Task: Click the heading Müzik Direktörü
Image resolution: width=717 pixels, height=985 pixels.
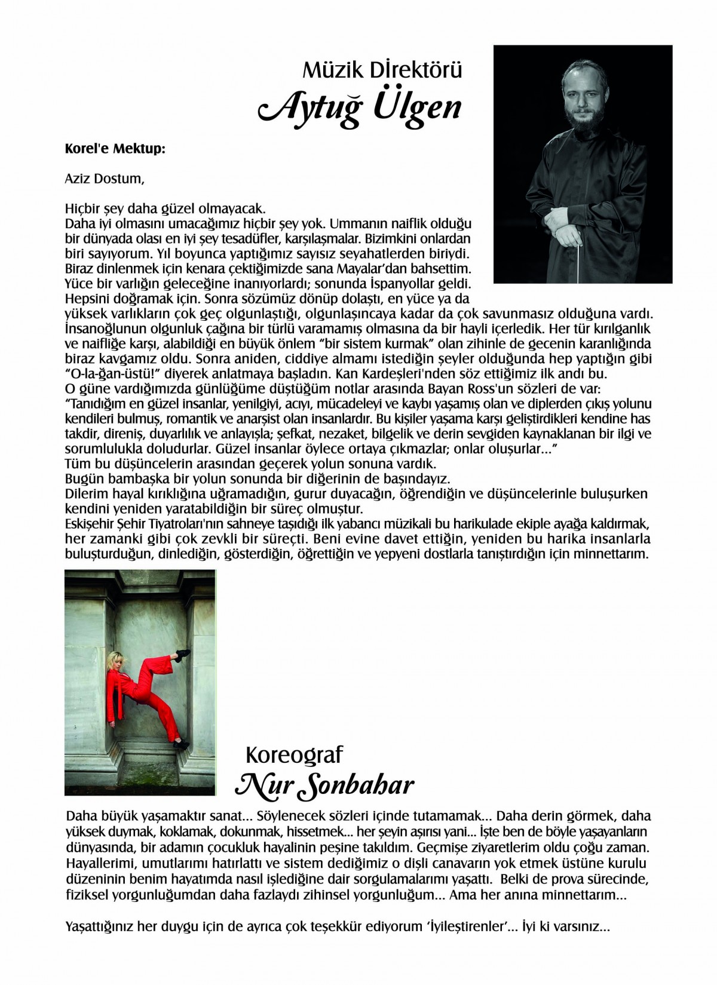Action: pos(383,71)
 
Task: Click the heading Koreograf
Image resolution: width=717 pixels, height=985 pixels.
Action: pos(294,755)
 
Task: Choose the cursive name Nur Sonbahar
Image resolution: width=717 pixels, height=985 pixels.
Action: pos(324,784)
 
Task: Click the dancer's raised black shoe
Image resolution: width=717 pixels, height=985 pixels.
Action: pos(183,655)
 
